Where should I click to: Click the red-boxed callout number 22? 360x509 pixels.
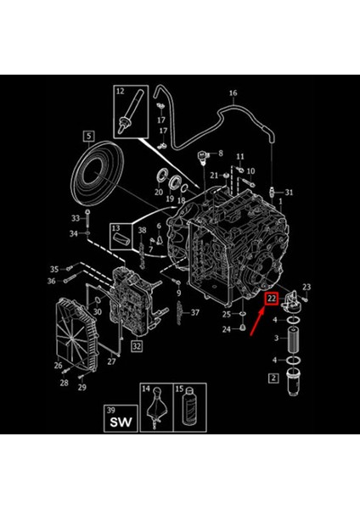pos(272,299)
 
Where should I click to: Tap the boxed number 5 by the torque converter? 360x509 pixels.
pos(87,135)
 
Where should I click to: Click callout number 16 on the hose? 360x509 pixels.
pos(233,92)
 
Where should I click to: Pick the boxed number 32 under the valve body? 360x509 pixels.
pos(137,346)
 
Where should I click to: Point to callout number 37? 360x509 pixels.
pos(195,313)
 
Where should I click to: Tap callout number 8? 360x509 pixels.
pos(220,154)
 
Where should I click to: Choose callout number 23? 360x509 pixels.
pos(307,287)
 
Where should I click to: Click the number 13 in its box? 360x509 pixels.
pos(116,229)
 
